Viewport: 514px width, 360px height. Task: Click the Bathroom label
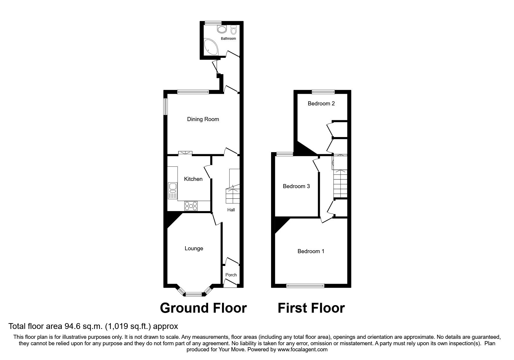pos(228,38)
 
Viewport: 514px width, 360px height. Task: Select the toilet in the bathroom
pos(234,30)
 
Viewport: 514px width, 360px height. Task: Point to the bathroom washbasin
pos(222,29)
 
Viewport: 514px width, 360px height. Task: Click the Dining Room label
pos(203,119)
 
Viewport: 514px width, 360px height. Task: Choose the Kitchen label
pos(193,179)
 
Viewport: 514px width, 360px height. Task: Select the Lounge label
pos(194,248)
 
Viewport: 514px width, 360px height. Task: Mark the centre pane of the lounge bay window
pos(194,294)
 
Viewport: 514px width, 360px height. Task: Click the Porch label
pos(231,275)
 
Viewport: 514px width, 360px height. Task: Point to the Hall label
pos(231,210)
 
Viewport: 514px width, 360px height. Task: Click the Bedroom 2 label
pos(321,103)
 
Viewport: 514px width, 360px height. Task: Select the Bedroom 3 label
pos(296,186)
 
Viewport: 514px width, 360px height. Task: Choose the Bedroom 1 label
pos(311,251)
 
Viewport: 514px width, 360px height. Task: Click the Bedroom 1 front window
pos(305,286)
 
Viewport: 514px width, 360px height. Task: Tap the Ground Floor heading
pos(203,308)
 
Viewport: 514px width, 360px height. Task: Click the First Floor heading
pos(311,308)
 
